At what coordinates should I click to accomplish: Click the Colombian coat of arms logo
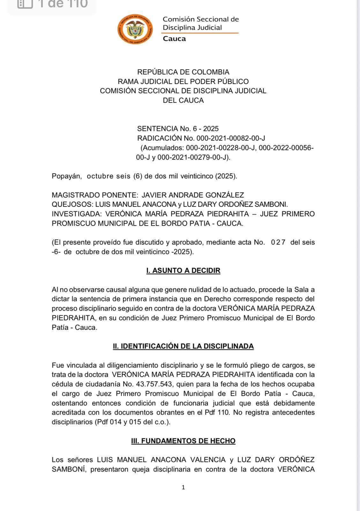click(135, 29)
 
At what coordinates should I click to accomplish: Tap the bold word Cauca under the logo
click(174, 39)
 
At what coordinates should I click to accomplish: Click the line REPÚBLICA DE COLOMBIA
click(183, 72)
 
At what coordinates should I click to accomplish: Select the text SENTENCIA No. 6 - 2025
click(178, 129)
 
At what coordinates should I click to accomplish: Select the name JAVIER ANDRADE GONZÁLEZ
click(193, 195)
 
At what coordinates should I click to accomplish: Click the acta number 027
click(278, 242)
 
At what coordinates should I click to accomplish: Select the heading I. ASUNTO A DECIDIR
click(183, 271)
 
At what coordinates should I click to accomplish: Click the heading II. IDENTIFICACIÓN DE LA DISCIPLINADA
click(183, 346)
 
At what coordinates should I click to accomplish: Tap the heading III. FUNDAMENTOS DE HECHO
click(183, 441)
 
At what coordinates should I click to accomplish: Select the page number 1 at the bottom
click(183, 487)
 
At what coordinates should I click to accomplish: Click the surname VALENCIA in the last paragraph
click(208, 460)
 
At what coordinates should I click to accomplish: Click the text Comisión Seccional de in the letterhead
click(201, 19)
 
